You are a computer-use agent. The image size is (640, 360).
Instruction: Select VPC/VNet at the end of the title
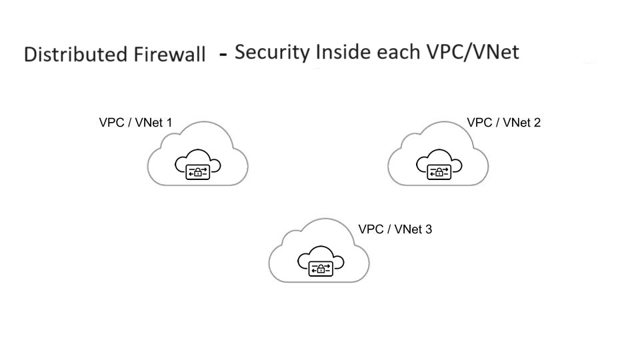coord(473,52)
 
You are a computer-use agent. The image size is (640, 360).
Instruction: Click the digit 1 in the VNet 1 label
coord(169,123)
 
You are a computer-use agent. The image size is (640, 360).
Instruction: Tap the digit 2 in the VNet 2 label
coord(537,123)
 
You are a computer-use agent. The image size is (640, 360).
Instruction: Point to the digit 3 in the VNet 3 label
coord(429,229)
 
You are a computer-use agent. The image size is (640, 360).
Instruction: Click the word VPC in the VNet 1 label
coord(111,123)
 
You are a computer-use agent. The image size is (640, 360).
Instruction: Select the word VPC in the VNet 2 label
coord(479,123)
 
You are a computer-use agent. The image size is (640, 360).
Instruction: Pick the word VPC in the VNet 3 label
coord(371,229)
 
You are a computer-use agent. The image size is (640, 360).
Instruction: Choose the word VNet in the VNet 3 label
coord(407,229)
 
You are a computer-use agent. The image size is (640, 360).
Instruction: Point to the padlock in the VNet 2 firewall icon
coord(439,173)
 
